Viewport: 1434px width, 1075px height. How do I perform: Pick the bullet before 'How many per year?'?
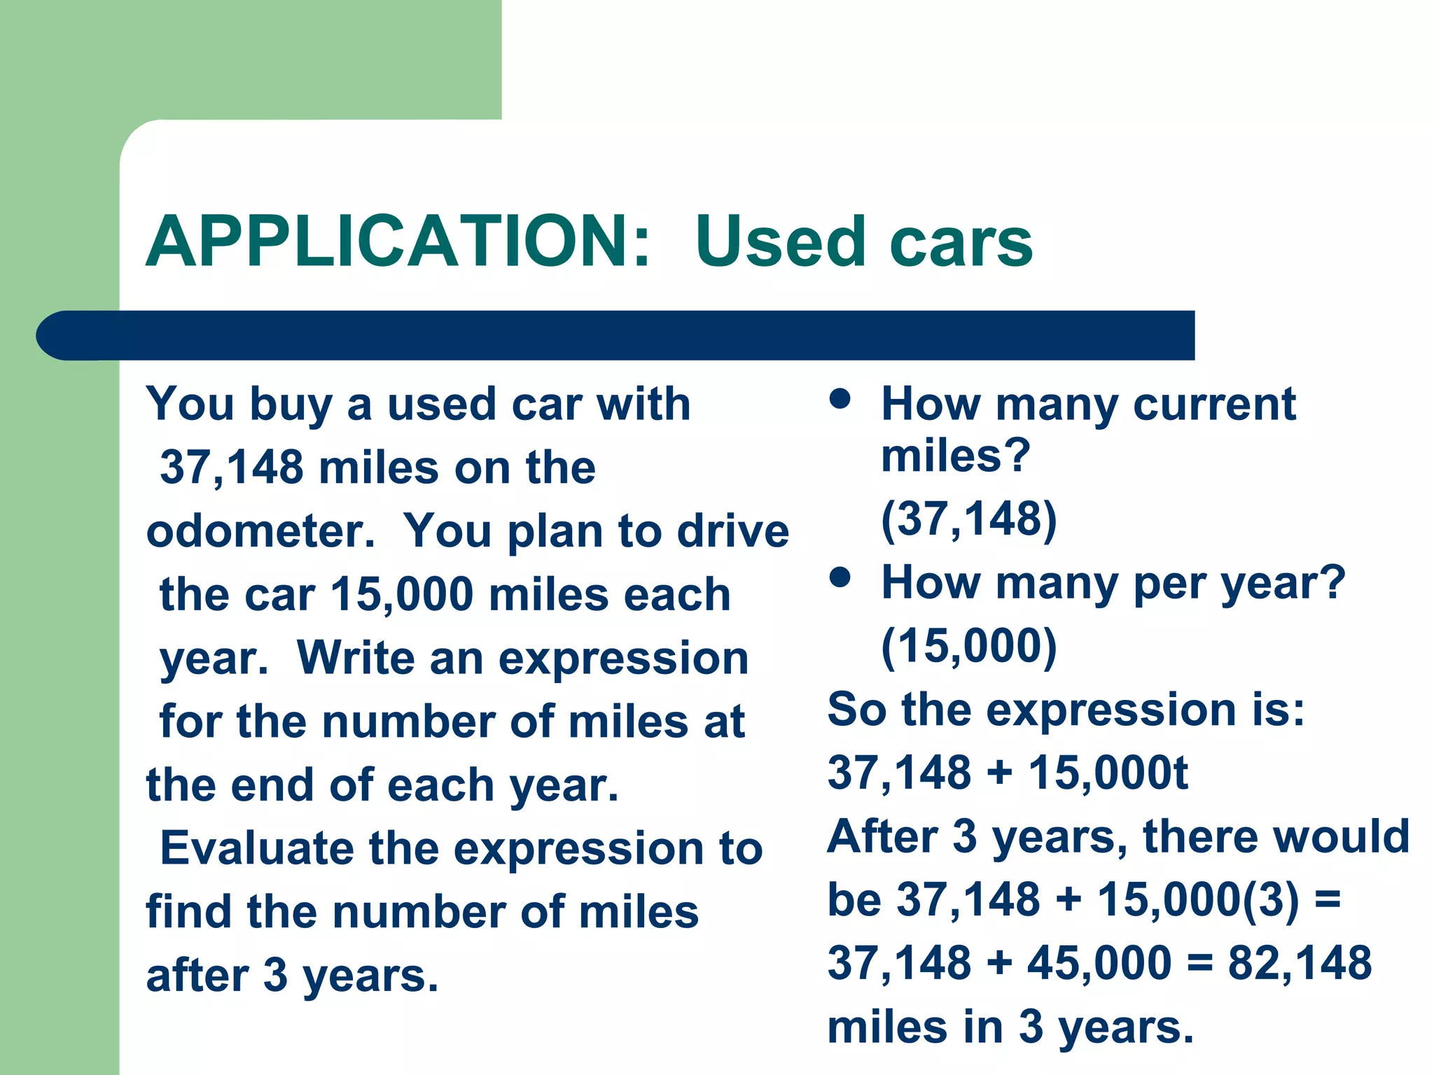pyautogui.click(x=840, y=577)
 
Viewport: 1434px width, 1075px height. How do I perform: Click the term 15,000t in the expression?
pyautogui.click(x=1108, y=773)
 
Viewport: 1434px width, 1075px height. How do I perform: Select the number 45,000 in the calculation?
pyautogui.click(x=1099, y=962)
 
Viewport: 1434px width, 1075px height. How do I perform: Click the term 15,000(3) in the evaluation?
pyautogui.click(x=1197, y=899)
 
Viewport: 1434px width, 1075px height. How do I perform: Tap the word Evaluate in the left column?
pyautogui.click(x=257, y=848)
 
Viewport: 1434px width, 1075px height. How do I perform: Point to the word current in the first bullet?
pyautogui.click(x=1214, y=404)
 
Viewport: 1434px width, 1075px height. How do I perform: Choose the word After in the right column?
pyautogui.click(x=882, y=836)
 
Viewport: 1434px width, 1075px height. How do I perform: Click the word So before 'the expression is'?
pyautogui.click(x=856, y=710)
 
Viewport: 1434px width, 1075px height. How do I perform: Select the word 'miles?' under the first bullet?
pyautogui.click(x=956, y=456)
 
